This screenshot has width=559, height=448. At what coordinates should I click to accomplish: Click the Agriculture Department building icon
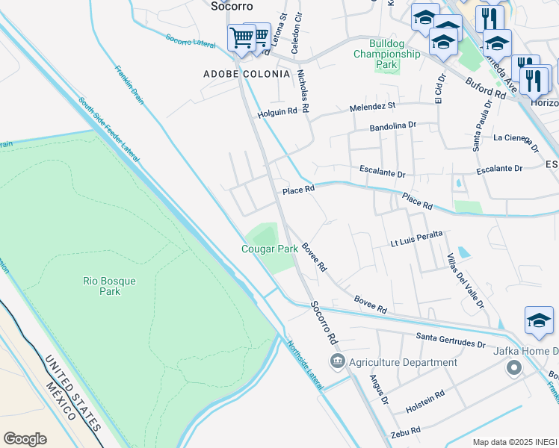coord(337,362)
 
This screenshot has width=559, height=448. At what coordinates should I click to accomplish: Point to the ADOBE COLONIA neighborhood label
coord(246,74)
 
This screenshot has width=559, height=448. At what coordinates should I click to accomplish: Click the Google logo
coord(25,438)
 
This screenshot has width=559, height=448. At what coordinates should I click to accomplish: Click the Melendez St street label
coord(372,108)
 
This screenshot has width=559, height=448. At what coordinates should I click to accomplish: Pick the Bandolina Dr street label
coord(392,128)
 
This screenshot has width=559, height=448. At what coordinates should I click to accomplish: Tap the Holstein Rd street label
coord(425,402)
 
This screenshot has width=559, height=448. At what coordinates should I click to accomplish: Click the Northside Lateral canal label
coord(305,365)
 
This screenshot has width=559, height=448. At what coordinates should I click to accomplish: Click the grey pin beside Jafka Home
coord(513,368)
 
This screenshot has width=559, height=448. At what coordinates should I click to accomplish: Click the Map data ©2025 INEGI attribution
coord(514,442)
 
